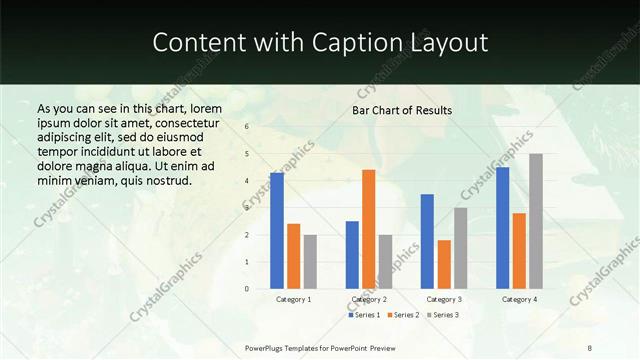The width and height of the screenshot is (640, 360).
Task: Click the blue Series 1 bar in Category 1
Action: pos(277,231)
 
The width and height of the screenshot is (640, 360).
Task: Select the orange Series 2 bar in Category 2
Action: pos(368,229)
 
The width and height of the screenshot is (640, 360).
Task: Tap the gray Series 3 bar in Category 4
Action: pos(536,221)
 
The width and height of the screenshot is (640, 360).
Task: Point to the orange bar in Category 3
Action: pos(444,264)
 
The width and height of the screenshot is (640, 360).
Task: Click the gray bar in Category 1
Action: pos(311,262)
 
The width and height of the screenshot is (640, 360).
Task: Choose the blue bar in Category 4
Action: pos(502,228)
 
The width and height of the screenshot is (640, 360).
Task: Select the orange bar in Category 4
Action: pos(519,251)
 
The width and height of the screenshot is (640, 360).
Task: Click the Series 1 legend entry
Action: pos(364,315)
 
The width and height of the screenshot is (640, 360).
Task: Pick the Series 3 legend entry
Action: pos(442,315)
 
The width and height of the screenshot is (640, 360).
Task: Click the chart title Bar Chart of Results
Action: pos(402,110)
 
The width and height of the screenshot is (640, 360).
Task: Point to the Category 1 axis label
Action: pos(294,299)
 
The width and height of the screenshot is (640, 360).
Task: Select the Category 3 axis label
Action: pos(444,299)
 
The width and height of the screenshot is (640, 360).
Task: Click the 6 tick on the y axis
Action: pos(246,127)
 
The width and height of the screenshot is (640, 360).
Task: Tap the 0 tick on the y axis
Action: pos(246,289)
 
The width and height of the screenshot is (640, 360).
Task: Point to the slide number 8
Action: pos(590,346)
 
